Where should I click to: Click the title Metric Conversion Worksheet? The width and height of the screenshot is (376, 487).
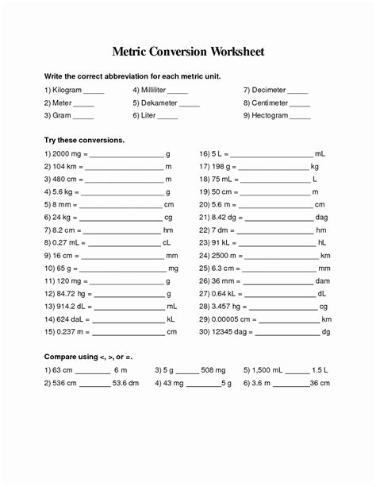(188, 52)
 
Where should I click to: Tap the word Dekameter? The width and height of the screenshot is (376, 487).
(162, 103)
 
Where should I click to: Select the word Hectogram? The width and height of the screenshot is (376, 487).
(271, 116)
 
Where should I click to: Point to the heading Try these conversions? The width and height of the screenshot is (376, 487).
(84, 140)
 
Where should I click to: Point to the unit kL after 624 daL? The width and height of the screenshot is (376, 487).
(171, 319)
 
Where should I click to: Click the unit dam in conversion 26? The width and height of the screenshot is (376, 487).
(322, 280)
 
